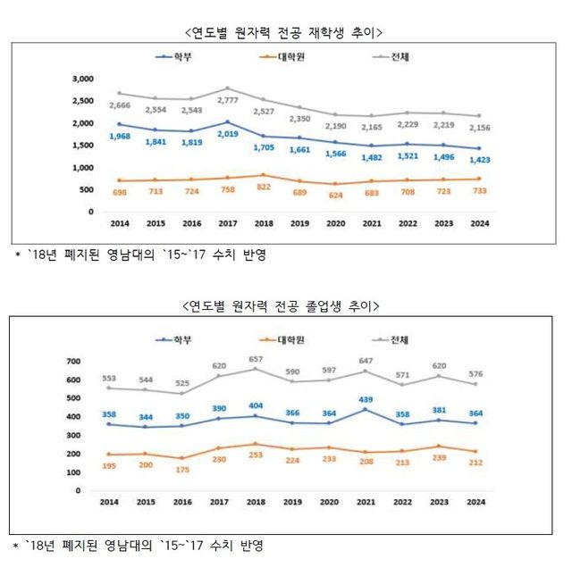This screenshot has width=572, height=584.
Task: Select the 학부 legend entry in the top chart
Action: [x=179, y=57]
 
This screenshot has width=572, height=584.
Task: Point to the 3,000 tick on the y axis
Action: [x=82, y=79]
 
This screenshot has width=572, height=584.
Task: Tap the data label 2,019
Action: [x=227, y=134]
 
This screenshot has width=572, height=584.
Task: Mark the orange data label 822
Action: [x=261, y=188]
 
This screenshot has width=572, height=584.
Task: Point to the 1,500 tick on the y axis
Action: [x=82, y=146]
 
